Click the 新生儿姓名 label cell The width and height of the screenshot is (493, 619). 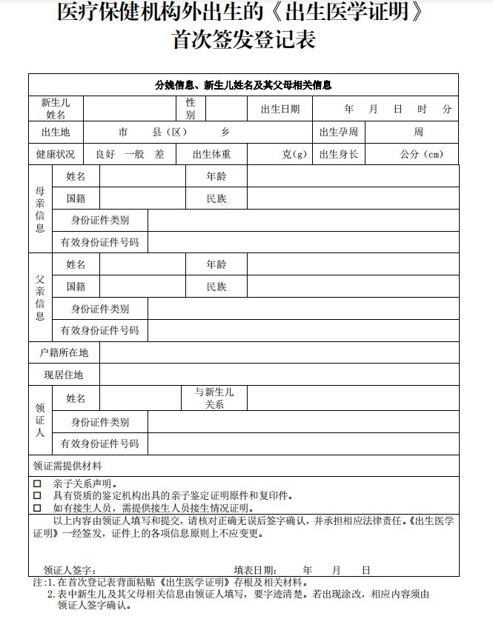pos(56,109)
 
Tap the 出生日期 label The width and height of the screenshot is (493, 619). pos(280,109)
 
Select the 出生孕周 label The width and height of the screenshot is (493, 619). pos(339,132)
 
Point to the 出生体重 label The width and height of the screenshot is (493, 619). pos(211,155)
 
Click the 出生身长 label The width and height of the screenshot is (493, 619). pos(339,155)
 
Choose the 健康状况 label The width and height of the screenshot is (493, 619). pos(56,155)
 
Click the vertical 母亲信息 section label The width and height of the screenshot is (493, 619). pos(40,209)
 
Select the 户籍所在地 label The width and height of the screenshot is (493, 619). pos(64,352)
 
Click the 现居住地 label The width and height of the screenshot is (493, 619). pos(64,375)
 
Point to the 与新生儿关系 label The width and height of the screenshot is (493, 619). pos(214,398)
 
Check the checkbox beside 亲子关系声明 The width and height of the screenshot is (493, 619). pos(37,484)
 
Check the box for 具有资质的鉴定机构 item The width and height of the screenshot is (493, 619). pos(37,495)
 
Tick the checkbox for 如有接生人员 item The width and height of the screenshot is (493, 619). pos(37,508)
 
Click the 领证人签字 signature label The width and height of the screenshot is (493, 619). pos(69,570)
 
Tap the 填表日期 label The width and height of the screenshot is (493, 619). pos(256,570)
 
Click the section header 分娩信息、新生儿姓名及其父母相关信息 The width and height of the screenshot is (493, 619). pos(243,84)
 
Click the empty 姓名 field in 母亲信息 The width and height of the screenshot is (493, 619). pos(142,177)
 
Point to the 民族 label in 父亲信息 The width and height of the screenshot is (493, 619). pos(216,287)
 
